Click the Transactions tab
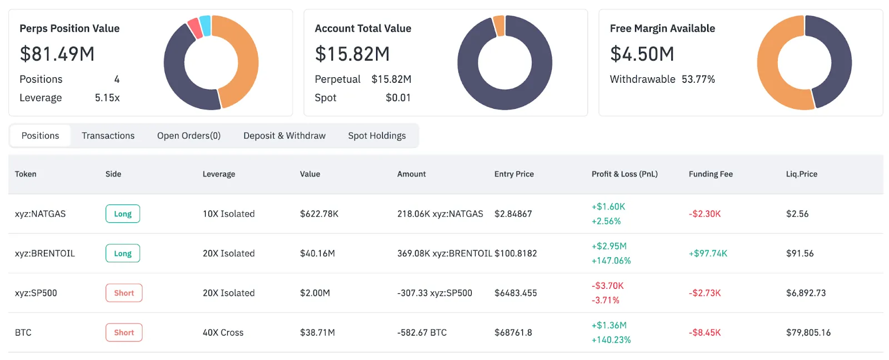(x=108, y=136)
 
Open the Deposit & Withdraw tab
(x=284, y=136)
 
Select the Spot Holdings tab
(x=377, y=136)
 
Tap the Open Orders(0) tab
(x=189, y=136)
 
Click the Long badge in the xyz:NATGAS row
(x=123, y=214)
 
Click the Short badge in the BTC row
(x=124, y=333)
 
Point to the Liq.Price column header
(x=801, y=174)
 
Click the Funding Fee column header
(x=711, y=174)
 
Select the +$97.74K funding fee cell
(x=708, y=253)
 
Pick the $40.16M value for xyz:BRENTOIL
(x=317, y=253)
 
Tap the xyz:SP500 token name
(x=36, y=293)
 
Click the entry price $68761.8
(x=513, y=333)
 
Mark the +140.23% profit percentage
(x=611, y=340)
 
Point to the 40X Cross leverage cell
(x=223, y=333)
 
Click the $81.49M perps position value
(x=57, y=54)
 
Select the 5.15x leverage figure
(x=107, y=98)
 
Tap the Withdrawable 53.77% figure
(x=698, y=79)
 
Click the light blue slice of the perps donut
(x=205, y=26)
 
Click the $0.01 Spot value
(x=398, y=98)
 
